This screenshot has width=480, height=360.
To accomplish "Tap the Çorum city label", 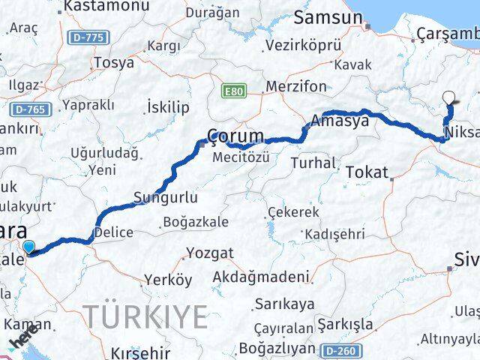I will [236, 137].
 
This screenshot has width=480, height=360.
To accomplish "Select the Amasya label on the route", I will [340, 120].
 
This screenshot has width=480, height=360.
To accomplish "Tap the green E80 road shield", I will [234, 91].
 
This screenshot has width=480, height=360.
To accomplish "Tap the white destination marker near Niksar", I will [449, 97].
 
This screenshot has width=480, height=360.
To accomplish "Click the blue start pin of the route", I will [28, 247].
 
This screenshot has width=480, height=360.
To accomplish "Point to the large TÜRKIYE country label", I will [145, 317].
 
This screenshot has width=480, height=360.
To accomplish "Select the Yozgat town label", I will [210, 253].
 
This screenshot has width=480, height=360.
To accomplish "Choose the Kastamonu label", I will [94, 7].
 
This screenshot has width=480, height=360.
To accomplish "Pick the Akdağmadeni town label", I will [261, 277].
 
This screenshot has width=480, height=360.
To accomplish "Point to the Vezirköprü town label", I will [303, 45].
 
